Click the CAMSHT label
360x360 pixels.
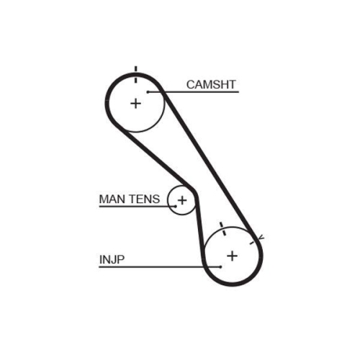click(211, 84)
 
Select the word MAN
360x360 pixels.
click(112, 198)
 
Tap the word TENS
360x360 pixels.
click(144, 198)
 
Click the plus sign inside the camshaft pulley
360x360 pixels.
click(135, 103)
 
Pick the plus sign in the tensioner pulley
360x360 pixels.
click(182, 199)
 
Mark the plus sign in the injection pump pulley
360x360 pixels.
click(232, 256)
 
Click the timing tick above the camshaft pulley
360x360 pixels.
click(135, 70)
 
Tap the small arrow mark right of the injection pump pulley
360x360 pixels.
click(261, 238)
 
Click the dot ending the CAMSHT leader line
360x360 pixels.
click(148, 91)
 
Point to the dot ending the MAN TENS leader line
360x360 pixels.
click(174, 207)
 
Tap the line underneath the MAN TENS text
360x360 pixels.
click(133, 207)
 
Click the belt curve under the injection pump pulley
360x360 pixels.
click(232, 286)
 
